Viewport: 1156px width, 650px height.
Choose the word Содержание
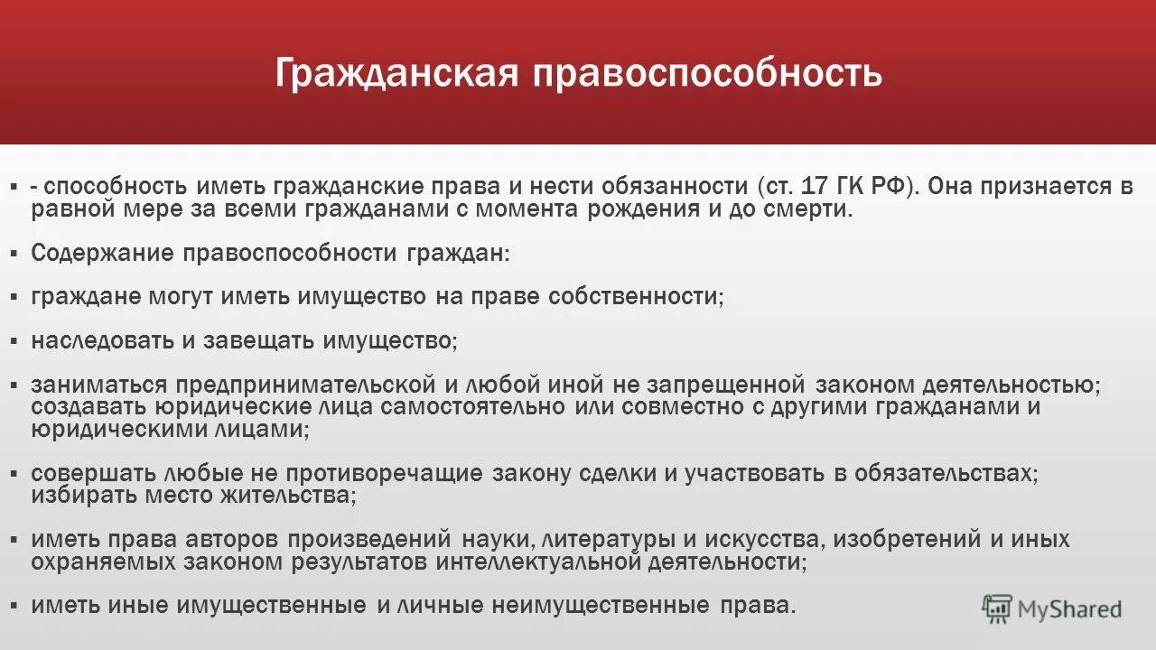(x=101, y=253)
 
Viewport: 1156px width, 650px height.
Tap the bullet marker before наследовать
(x=14, y=341)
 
